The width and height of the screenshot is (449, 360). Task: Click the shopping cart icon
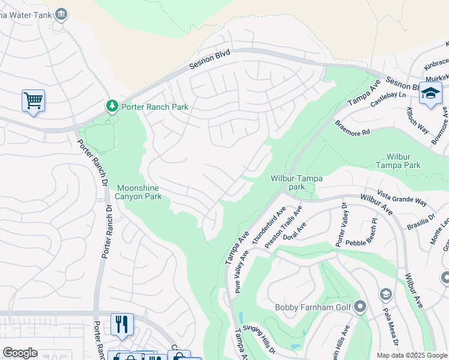click(33, 100)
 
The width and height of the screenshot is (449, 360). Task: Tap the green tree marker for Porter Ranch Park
click(112, 106)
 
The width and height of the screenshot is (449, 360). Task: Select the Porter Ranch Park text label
click(155, 107)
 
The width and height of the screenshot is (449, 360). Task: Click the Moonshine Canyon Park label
click(139, 192)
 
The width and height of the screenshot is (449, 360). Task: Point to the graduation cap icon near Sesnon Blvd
click(430, 94)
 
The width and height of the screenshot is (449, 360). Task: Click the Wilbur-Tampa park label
click(297, 182)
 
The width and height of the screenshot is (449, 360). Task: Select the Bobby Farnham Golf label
click(312, 308)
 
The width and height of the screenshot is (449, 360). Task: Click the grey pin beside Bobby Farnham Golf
click(360, 307)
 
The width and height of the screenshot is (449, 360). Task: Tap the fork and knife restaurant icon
click(122, 324)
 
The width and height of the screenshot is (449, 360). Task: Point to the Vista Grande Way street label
click(402, 197)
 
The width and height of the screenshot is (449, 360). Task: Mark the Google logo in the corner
click(20, 353)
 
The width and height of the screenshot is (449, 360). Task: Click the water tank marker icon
click(61, 13)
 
